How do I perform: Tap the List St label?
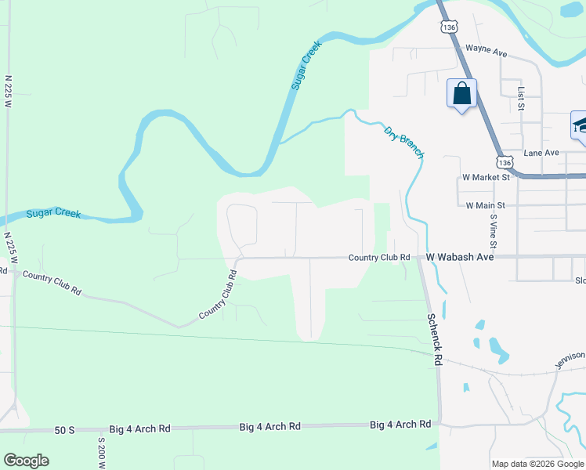(x=520, y=99)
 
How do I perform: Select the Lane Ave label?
(x=542, y=153)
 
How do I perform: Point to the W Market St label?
(x=486, y=178)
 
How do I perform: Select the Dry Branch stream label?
(x=404, y=142)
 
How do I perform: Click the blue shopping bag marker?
(x=462, y=94)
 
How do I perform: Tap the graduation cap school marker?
(x=581, y=125)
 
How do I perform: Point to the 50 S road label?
(x=64, y=430)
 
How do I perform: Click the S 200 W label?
(x=101, y=453)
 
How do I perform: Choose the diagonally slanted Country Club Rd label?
(x=218, y=295)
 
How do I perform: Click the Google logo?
(x=26, y=461)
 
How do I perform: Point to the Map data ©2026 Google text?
(x=537, y=464)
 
